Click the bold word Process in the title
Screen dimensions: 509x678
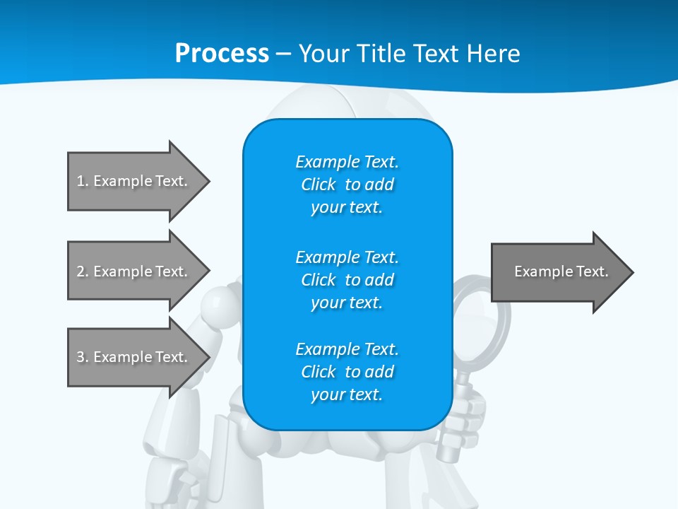coord(222,54)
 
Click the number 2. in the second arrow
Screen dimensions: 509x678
coord(83,271)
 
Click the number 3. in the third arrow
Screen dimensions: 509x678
coord(83,357)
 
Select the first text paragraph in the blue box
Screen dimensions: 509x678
coord(347,185)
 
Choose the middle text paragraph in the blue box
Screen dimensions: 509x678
coord(347,280)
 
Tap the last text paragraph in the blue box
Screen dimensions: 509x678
coord(347,372)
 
